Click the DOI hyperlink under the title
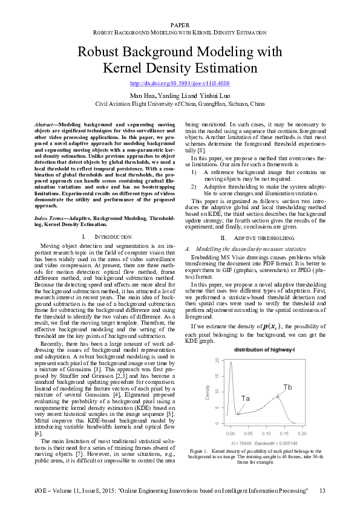click(180, 83)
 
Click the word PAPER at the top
click(180, 24)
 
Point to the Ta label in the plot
click(246, 398)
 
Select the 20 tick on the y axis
click(217, 360)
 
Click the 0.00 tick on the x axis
click(231, 434)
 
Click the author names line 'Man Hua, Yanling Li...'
click(180, 96)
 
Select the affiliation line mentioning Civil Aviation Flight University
click(180, 103)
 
